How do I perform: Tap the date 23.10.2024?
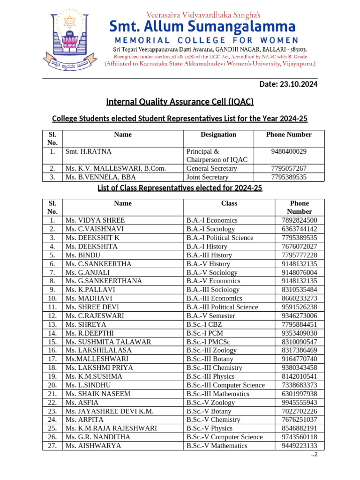(x=288, y=84)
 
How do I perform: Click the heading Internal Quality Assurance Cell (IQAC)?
(x=180, y=102)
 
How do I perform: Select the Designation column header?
(x=218, y=135)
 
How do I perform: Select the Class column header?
(x=229, y=203)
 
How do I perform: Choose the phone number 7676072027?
(x=300, y=247)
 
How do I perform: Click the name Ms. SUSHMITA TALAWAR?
(x=108, y=342)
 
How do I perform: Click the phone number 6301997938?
(x=300, y=394)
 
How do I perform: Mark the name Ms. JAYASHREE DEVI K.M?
(x=110, y=411)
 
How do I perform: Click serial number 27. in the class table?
(x=52, y=446)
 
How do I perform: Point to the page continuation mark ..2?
(x=315, y=455)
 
